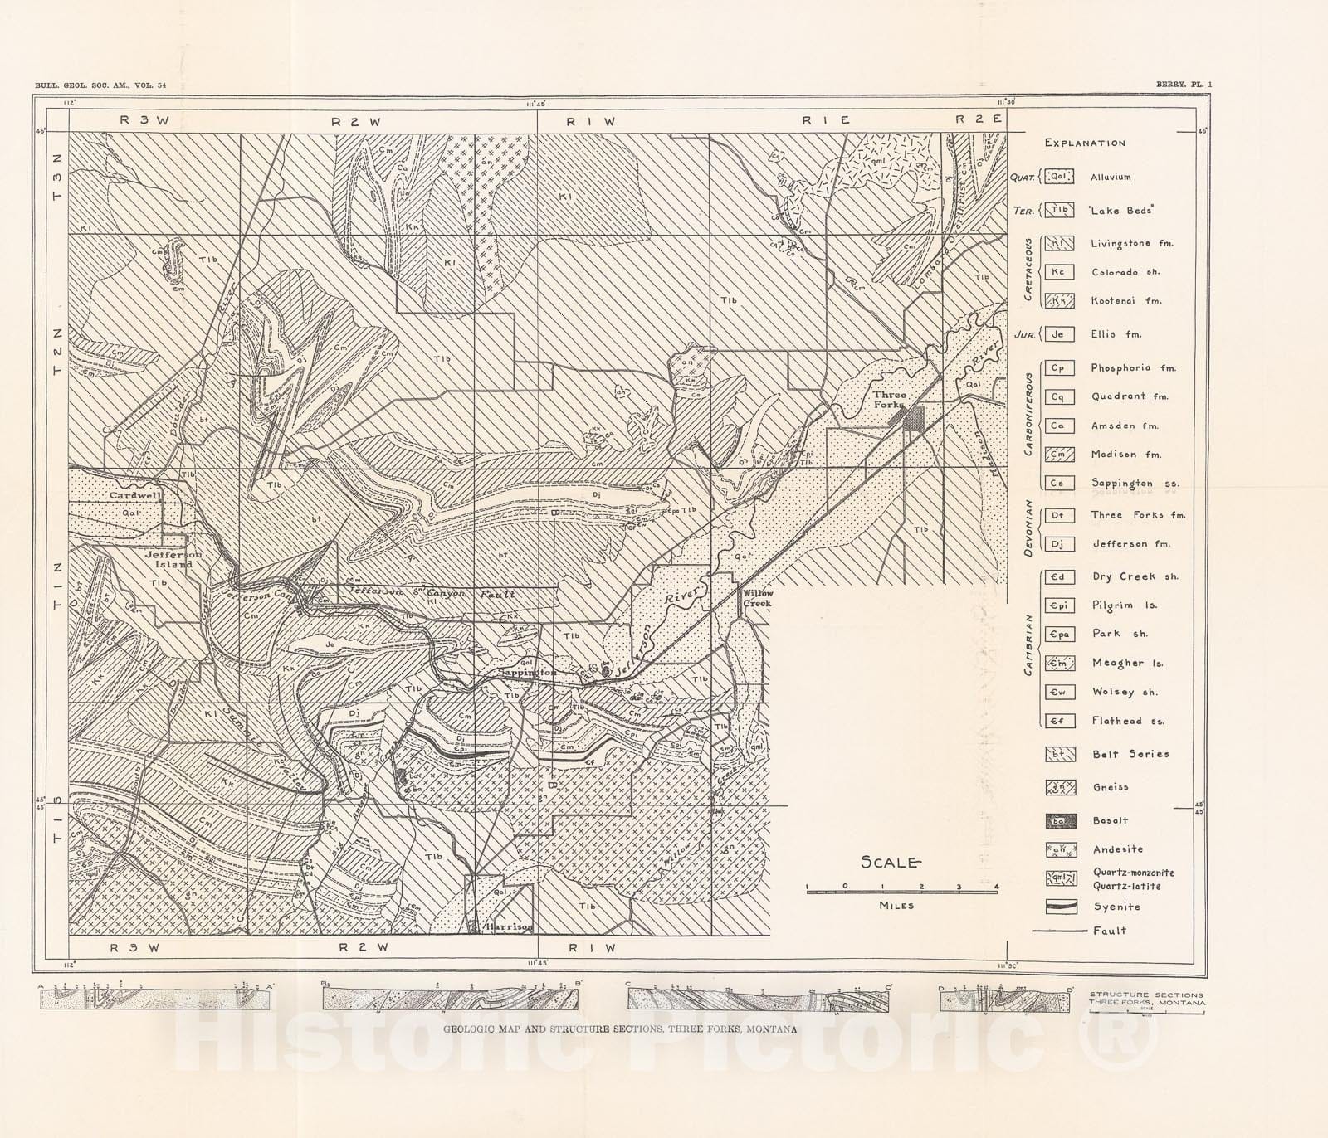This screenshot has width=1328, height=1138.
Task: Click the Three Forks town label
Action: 890,401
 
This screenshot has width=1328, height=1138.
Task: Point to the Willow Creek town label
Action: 757,598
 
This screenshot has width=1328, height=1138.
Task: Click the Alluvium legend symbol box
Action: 1061,177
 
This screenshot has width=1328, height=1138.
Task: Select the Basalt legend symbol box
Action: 1061,821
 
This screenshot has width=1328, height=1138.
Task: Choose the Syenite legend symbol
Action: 1061,907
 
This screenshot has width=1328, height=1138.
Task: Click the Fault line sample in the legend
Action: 1059,931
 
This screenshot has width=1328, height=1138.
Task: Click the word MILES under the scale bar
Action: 896,906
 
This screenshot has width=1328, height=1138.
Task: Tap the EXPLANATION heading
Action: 1085,143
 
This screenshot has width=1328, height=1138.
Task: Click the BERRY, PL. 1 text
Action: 1183,84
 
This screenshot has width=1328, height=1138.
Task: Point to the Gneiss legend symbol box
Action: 1061,787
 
